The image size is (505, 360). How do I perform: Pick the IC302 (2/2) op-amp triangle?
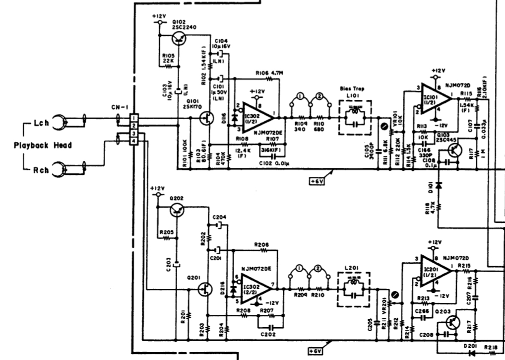click(x=257, y=288)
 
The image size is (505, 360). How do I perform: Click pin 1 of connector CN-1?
click(x=134, y=118)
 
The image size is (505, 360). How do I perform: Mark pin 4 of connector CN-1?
click(x=134, y=142)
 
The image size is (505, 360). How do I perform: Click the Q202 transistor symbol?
click(x=177, y=211)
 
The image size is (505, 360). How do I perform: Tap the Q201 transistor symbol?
click(x=205, y=289)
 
